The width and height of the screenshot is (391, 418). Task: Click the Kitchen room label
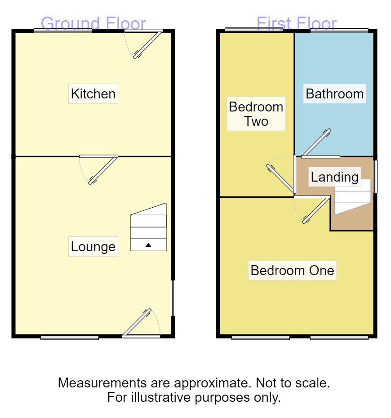(x=93, y=94)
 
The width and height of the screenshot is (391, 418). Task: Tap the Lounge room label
(x=93, y=246)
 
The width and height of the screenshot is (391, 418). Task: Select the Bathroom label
(x=334, y=94)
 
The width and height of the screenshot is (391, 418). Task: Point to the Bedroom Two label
(x=256, y=114)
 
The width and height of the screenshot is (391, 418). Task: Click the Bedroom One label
(x=292, y=271)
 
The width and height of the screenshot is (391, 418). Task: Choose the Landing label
(x=335, y=177)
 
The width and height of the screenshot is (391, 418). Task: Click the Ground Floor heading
(x=93, y=23)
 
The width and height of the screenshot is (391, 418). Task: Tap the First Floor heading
(x=296, y=23)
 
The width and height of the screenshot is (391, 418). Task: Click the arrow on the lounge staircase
(x=148, y=245)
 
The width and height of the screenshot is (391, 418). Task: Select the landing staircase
(x=353, y=196)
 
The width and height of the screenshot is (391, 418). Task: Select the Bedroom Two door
(x=282, y=177)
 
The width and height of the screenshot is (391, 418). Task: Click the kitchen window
(x=63, y=31)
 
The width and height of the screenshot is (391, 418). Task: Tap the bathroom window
(x=339, y=31)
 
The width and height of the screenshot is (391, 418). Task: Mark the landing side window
(x=375, y=177)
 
